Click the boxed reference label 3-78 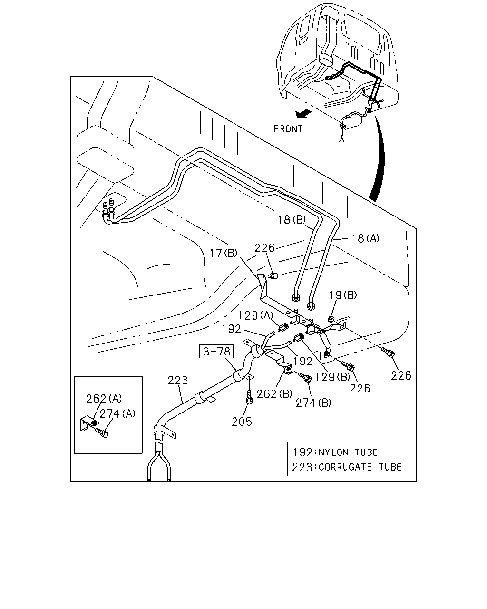click(x=216, y=352)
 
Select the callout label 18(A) click(x=365, y=238)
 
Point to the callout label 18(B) click(x=292, y=219)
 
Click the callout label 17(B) click(x=223, y=253)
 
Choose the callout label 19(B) click(x=343, y=295)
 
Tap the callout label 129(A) click(x=255, y=315)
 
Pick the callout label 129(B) click(x=332, y=377)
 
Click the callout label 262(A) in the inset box click(x=104, y=399)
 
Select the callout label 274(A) click(x=117, y=414)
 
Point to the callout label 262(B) click(x=274, y=393)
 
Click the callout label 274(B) click(x=313, y=403)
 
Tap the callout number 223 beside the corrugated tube click(x=178, y=380)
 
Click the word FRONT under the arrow click(x=288, y=129)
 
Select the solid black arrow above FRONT click(x=303, y=114)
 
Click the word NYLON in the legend click(x=333, y=452)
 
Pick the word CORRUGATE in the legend click(x=345, y=467)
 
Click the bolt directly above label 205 click(x=249, y=397)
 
